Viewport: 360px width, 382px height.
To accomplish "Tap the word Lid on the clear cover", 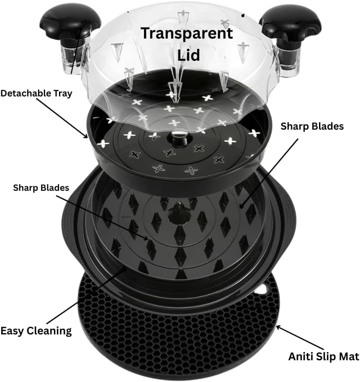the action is pos(188,55).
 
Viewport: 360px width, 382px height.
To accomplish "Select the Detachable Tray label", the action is pos(36,94).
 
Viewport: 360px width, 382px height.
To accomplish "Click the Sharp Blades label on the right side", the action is pos(312,126).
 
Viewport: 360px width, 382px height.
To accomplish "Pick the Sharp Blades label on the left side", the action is pos(41,188).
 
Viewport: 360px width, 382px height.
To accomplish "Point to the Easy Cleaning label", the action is pos(36,331).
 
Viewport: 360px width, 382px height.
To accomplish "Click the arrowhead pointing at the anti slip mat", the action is pos(278,327).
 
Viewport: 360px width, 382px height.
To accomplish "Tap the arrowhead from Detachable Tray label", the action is pos(86,136).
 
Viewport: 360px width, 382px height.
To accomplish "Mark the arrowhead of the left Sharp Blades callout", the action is pos(145,238).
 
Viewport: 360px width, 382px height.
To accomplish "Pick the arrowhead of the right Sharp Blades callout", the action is pos(242,206).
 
